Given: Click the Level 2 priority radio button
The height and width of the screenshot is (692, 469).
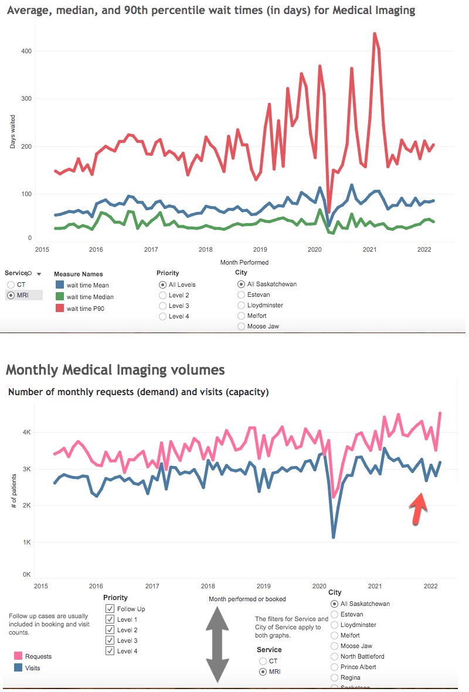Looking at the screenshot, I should click(162, 295).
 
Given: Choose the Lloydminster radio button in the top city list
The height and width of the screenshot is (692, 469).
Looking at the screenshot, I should click(241, 305).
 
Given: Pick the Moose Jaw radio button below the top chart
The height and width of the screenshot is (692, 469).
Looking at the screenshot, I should click(241, 326).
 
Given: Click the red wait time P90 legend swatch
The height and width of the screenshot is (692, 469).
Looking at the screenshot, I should click(59, 308).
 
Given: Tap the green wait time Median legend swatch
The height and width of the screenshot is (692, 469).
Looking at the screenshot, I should click(59, 296).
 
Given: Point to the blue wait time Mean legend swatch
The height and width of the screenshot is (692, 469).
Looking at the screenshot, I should click(59, 285).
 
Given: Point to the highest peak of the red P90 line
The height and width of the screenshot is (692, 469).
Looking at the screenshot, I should click(374, 34).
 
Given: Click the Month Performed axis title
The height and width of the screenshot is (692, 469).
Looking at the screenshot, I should click(244, 262).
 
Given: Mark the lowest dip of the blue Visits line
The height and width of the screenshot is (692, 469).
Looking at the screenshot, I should click(334, 537).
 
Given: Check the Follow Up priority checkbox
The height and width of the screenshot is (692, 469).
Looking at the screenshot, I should click(110, 609).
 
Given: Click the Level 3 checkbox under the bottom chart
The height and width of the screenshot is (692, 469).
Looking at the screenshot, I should click(110, 640).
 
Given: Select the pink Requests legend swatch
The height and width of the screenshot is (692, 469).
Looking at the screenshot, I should click(17, 657).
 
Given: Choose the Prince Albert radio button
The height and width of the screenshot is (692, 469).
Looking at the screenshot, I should click(335, 667).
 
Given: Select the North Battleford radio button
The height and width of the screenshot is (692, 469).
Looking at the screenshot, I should click(335, 656).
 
